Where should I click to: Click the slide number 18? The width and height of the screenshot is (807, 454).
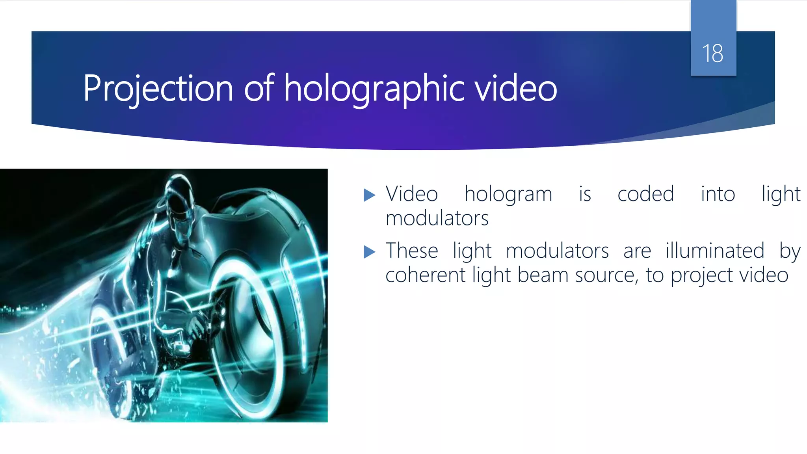coord(712,54)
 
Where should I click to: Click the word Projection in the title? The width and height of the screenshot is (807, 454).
coord(158,88)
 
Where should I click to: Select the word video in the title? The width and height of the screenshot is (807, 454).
coord(516,88)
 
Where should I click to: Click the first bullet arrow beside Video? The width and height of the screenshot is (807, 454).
coord(369,195)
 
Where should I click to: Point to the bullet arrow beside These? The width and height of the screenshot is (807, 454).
coord(369,251)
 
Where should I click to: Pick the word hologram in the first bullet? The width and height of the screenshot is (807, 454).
coord(508,194)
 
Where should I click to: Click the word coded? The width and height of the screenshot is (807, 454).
coord(645,194)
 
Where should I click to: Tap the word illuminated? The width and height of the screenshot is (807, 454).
coord(715,251)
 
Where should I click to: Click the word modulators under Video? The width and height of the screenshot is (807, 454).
coord(437,218)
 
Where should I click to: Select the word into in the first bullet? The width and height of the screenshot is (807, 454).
coord(718,194)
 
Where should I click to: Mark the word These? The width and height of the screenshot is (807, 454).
coord(412,251)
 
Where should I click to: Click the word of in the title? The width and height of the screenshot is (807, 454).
coord(259,88)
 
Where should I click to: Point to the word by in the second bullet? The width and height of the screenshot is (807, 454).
coord(790,251)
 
